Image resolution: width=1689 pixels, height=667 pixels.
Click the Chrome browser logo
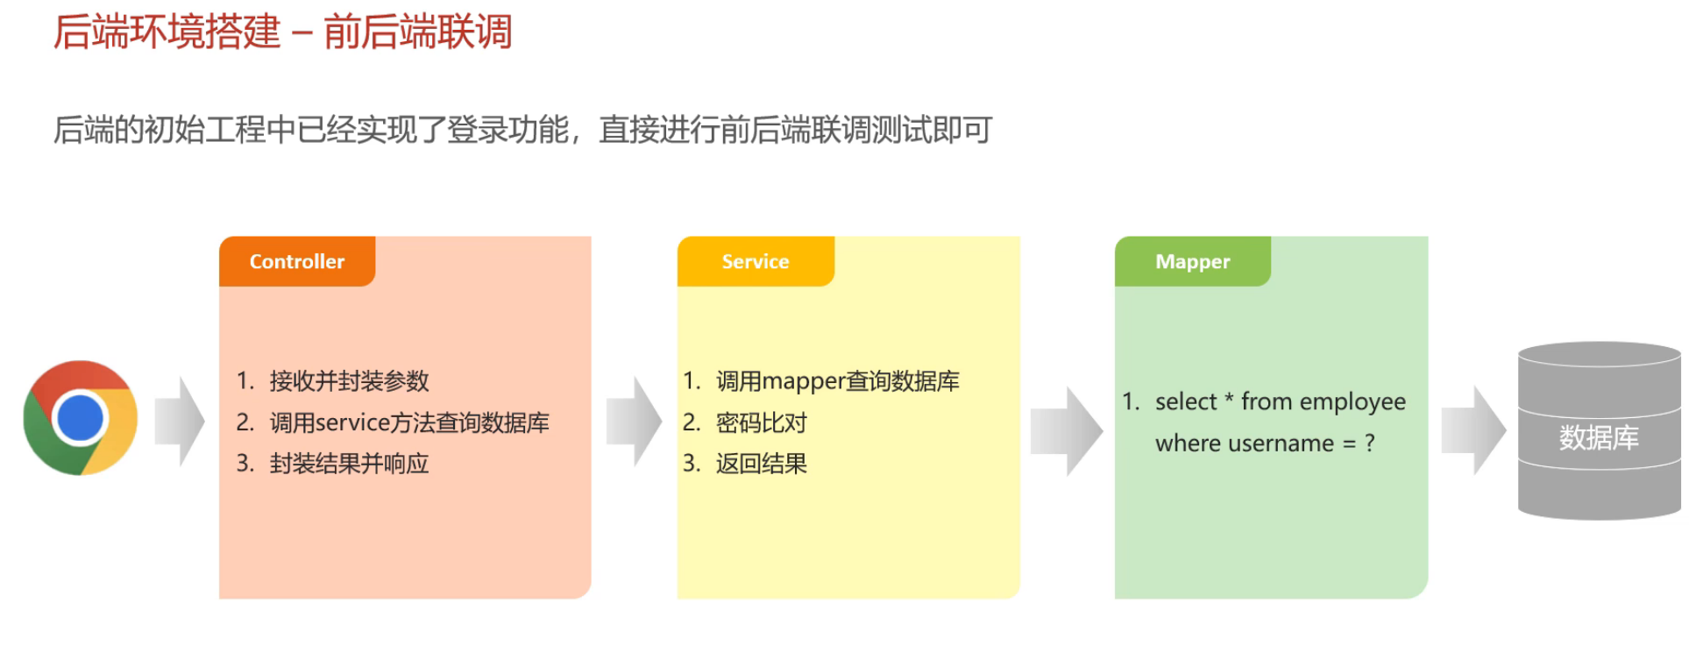[80, 418]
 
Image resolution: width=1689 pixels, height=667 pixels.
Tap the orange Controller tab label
[297, 261]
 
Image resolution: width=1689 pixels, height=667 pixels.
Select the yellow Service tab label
[755, 261]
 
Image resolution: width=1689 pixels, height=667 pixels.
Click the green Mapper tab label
[1192, 261]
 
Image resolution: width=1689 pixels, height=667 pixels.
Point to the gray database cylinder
[1599, 431]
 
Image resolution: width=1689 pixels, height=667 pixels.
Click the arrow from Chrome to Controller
[180, 422]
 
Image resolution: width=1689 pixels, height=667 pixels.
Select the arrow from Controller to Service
[634, 422]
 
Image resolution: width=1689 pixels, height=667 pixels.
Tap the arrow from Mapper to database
[1473, 430]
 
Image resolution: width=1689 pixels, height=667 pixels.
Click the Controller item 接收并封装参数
[349, 381]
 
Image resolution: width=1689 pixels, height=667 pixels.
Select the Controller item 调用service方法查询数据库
[409, 422]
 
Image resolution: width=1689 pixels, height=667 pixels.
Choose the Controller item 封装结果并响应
[349, 464]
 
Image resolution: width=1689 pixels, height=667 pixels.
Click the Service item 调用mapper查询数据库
[837, 381]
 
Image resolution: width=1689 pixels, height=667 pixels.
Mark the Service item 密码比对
[761, 422]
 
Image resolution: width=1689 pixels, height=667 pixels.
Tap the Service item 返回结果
[761, 464]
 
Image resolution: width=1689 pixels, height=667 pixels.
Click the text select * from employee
[1280, 401]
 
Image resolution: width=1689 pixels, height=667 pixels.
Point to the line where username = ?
[1265, 443]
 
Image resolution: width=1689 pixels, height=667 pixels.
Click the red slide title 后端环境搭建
[167, 32]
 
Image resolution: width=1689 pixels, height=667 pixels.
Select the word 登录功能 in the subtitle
[508, 130]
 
